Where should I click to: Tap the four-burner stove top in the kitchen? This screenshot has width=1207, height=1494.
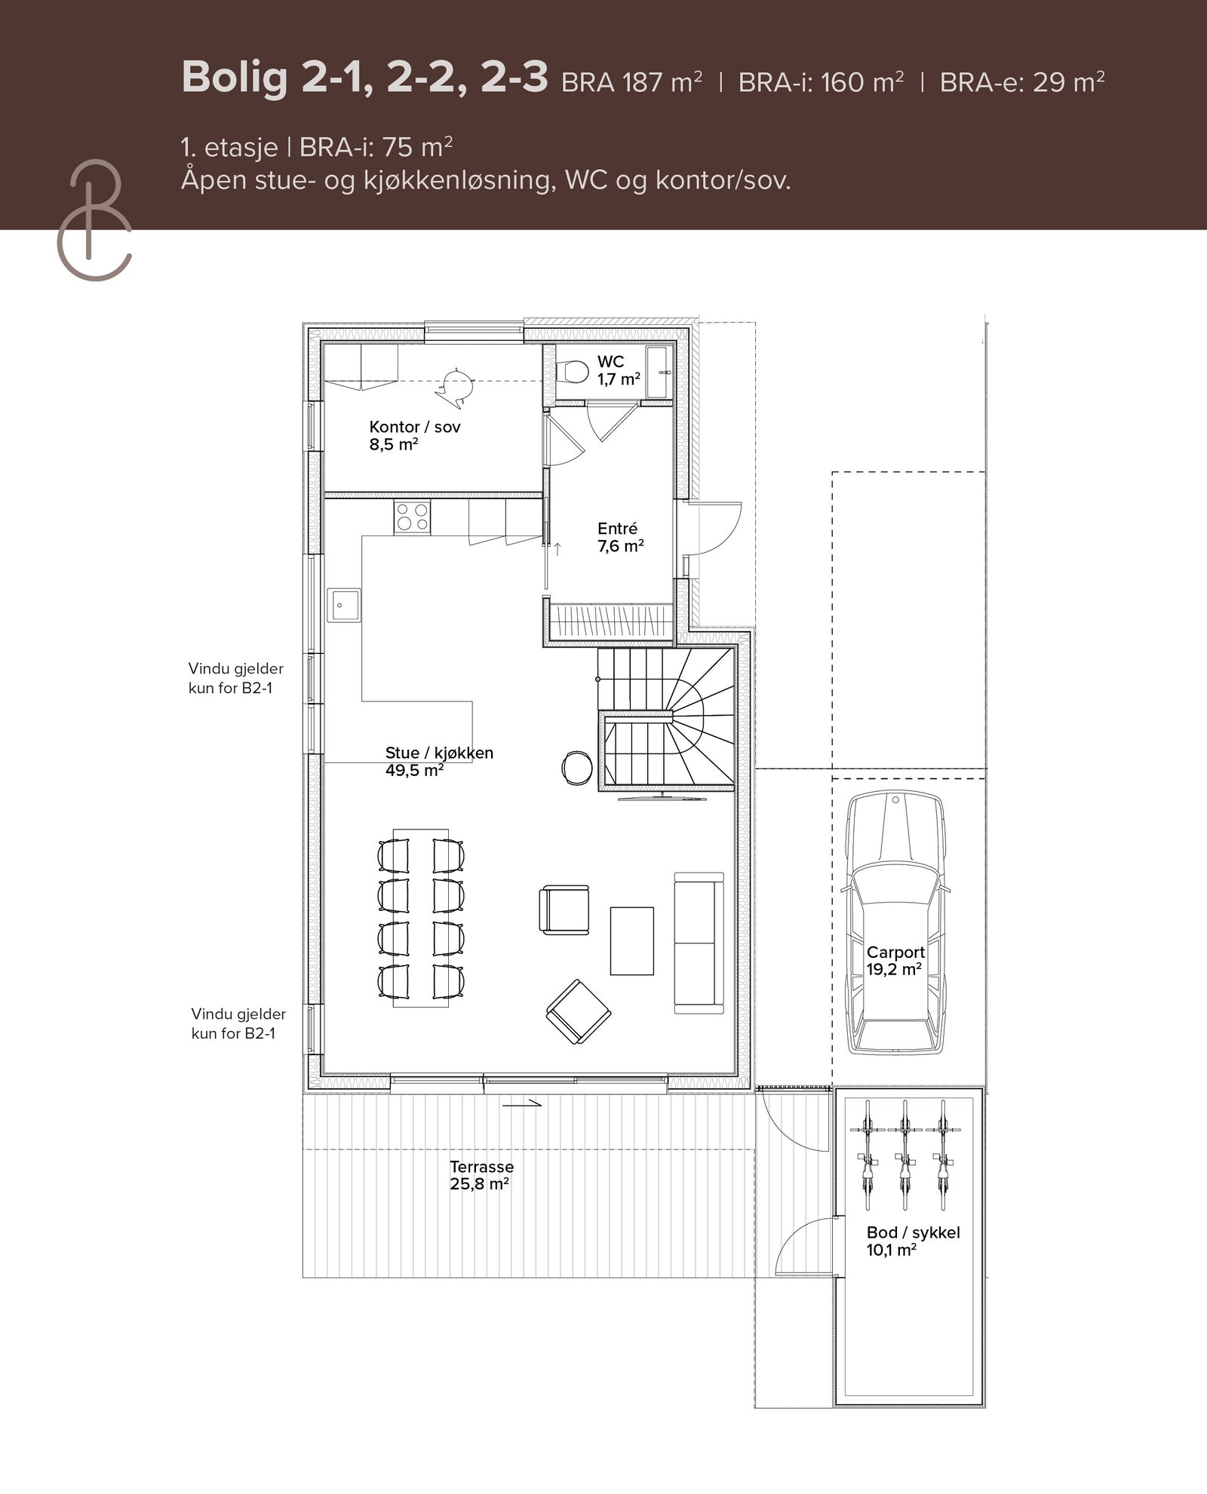[x=412, y=517]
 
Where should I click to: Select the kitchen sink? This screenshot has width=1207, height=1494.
[x=343, y=605]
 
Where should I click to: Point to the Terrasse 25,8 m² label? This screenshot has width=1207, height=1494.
[x=481, y=1175]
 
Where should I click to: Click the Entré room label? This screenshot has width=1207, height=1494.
[x=620, y=537]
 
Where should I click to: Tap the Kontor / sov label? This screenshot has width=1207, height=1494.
[x=414, y=435]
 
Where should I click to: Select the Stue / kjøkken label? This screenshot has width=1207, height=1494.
[x=439, y=761]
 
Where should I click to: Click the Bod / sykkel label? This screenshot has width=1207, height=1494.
[x=913, y=1241]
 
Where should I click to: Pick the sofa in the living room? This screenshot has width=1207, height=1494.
[x=699, y=942]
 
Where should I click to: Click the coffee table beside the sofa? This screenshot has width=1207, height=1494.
[x=632, y=940]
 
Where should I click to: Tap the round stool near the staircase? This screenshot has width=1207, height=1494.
[x=577, y=768]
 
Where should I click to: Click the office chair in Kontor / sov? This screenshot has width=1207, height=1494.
[x=455, y=384]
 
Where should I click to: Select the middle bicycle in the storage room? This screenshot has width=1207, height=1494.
[x=904, y=1155]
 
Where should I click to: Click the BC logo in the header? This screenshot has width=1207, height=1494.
[x=94, y=219]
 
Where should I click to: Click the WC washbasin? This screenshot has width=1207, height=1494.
[x=659, y=372]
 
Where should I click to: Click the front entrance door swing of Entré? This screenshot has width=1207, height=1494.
[x=713, y=528]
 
